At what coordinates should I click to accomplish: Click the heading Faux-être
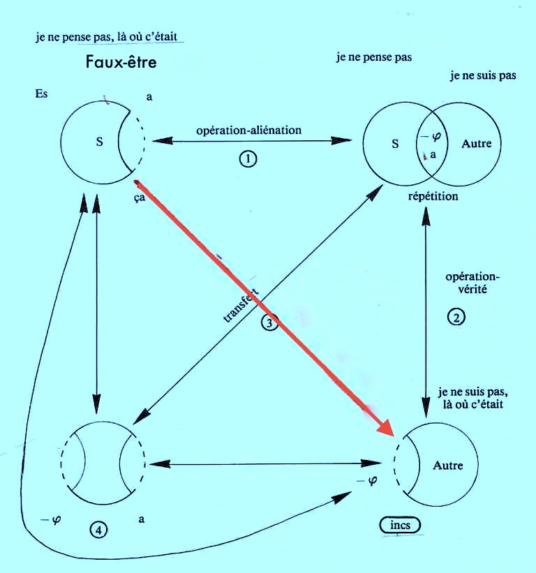[x=121, y=62]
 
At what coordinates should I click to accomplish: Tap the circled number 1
[x=247, y=159]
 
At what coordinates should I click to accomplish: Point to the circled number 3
[x=269, y=322]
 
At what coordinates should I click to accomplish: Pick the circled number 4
[x=99, y=530]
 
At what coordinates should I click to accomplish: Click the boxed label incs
[x=401, y=524]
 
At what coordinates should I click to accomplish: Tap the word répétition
[x=433, y=196]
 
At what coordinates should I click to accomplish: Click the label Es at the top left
[x=41, y=94]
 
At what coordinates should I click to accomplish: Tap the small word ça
[x=140, y=198]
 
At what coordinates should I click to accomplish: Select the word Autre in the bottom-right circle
[x=447, y=465]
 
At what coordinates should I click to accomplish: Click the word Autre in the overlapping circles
[x=477, y=144]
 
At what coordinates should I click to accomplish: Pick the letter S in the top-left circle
[x=99, y=142]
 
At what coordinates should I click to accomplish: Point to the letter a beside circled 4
[x=142, y=519]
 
